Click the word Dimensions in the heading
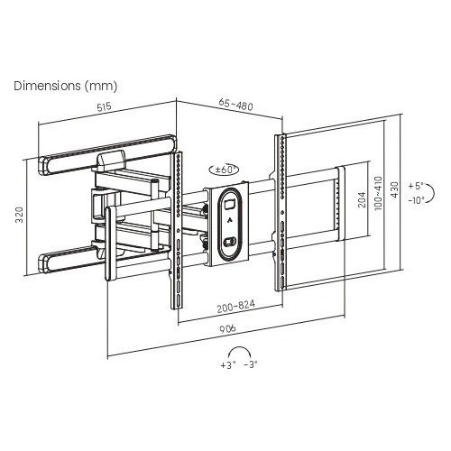click(47, 86)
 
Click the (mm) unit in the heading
click(100, 87)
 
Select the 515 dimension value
click(104, 106)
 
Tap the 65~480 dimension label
click(235, 105)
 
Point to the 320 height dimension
click(20, 215)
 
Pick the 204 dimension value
click(363, 199)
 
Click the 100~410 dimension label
click(378, 193)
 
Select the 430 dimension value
click(394, 189)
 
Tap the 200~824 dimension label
click(236, 306)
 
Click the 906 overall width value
click(227, 328)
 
